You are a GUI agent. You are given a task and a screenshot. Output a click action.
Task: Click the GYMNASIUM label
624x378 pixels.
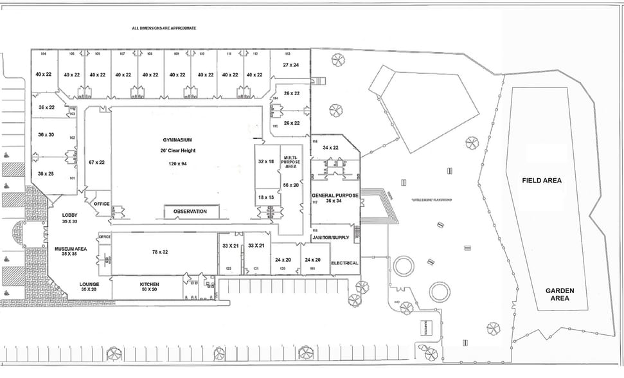[x=178, y=139]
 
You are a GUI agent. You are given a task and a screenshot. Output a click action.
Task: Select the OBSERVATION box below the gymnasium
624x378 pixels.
[x=190, y=212]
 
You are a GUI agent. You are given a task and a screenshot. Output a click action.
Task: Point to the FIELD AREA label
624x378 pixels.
[x=542, y=181]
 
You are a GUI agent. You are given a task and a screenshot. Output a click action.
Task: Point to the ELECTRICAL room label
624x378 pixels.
[x=344, y=264]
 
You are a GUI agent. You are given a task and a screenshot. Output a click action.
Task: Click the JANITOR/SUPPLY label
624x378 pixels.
[x=330, y=238]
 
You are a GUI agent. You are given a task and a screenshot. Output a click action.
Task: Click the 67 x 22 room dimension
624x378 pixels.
[x=97, y=162]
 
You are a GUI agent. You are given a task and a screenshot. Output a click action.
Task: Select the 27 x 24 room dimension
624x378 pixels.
[x=290, y=65]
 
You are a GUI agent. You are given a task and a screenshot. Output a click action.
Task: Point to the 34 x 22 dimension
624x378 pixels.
[x=331, y=148]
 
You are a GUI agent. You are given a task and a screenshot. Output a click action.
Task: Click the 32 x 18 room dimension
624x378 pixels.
[x=267, y=161]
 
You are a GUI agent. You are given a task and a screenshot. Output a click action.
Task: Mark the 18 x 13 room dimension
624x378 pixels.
[x=267, y=197]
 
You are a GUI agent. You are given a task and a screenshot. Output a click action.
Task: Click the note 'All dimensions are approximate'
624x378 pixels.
[x=163, y=28]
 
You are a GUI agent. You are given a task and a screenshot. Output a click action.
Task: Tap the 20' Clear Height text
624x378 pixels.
[x=178, y=151]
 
